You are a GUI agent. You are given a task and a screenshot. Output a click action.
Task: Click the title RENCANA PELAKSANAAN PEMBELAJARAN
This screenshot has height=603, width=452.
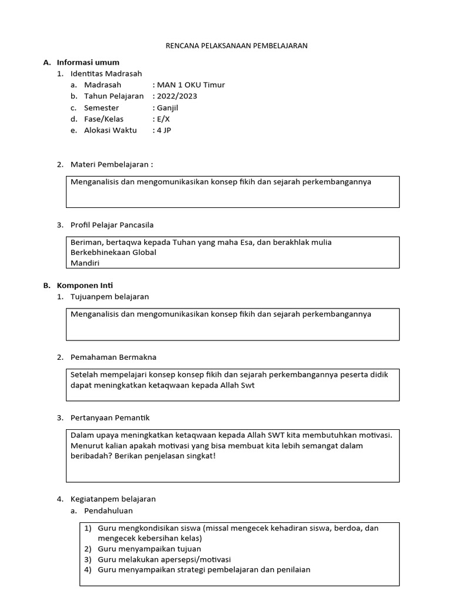pos(235,45)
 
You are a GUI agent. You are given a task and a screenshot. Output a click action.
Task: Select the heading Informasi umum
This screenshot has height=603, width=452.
pos(88,62)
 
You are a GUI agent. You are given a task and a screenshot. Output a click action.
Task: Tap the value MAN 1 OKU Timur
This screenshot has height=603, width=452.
pos(190,85)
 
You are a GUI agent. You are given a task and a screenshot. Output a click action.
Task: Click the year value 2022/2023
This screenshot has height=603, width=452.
pos(177,96)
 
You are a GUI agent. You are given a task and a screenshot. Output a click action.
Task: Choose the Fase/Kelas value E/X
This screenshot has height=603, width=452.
pos(163,119)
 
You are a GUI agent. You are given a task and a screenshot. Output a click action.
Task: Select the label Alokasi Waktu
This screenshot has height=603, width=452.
pos(110,130)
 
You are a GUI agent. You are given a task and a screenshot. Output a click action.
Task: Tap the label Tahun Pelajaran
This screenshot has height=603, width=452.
pos(114,96)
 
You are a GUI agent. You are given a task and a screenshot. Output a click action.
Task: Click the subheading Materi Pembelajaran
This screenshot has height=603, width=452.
pos(111,164)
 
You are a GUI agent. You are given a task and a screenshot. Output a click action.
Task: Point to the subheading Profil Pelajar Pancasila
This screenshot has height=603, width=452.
pos(112,225)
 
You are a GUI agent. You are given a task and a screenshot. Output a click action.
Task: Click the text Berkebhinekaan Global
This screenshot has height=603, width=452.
pos(113,253)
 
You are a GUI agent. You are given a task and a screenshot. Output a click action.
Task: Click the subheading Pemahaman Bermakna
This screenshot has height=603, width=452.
pos(113,357)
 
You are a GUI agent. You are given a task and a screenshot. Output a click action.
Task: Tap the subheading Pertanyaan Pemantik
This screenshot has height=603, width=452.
pos(110,418)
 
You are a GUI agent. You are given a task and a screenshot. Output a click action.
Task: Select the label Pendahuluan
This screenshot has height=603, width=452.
pos(108,511)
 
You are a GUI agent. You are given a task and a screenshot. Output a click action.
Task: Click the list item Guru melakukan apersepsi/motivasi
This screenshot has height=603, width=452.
pos(164,559)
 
